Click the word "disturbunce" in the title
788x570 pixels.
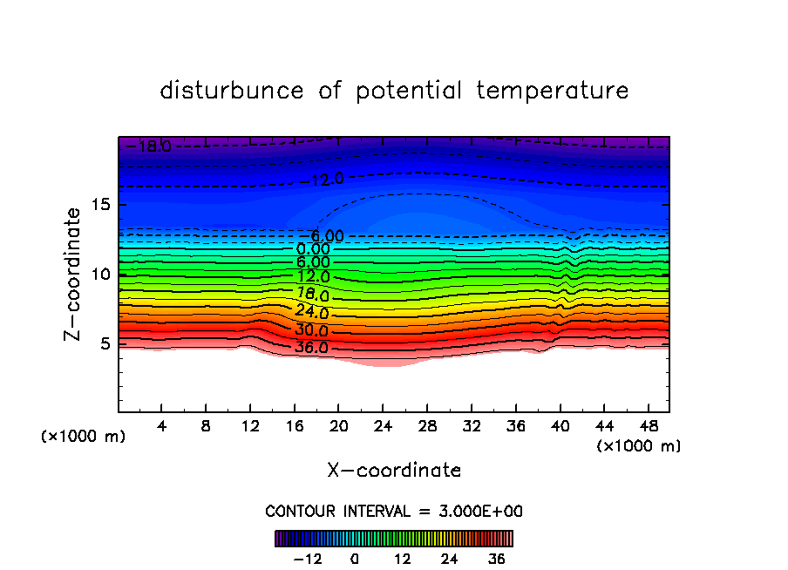pyautogui.click(x=232, y=91)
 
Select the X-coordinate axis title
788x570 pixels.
pyautogui.click(x=394, y=471)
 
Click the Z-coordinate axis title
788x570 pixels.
pyautogui.click(x=74, y=274)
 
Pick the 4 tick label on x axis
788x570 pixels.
pyautogui.click(x=162, y=427)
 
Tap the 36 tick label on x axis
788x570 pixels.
pyautogui.click(x=515, y=427)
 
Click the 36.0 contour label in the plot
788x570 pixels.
pyautogui.click(x=312, y=348)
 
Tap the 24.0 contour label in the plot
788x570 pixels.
pyautogui.click(x=312, y=313)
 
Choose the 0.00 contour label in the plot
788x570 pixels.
pyautogui.click(x=313, y=249)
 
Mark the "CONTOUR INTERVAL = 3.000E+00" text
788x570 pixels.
pyautogui.click(x=394, y=511)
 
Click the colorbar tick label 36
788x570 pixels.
pyautogui.click(x=496, y=559)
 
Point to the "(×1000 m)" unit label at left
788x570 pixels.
pyautogui.click(x=84, y=437)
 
